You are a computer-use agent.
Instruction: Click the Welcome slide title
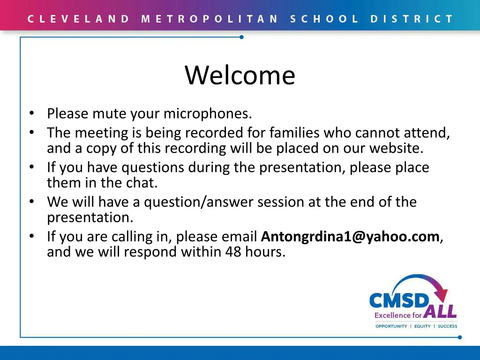coord(240,75)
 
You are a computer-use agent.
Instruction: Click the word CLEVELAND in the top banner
coord(78,19)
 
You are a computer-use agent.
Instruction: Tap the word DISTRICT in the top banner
coord(412,19)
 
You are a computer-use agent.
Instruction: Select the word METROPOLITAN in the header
coord(210,19)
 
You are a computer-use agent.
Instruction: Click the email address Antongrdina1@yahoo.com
coord(350,237)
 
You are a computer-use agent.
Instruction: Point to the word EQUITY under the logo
coord(422,326)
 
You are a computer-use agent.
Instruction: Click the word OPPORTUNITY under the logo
coord(391,326)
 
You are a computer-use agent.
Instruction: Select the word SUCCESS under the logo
coord(447,326)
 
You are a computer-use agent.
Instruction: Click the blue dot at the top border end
coord(241,37)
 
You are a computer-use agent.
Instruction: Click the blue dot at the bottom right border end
coord(459,337)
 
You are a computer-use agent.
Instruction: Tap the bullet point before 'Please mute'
coord(31,113)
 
